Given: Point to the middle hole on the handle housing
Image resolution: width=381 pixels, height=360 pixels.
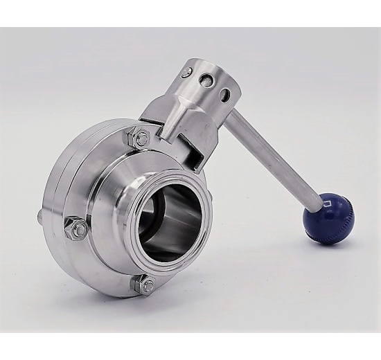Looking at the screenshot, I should [x=206, y=81].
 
